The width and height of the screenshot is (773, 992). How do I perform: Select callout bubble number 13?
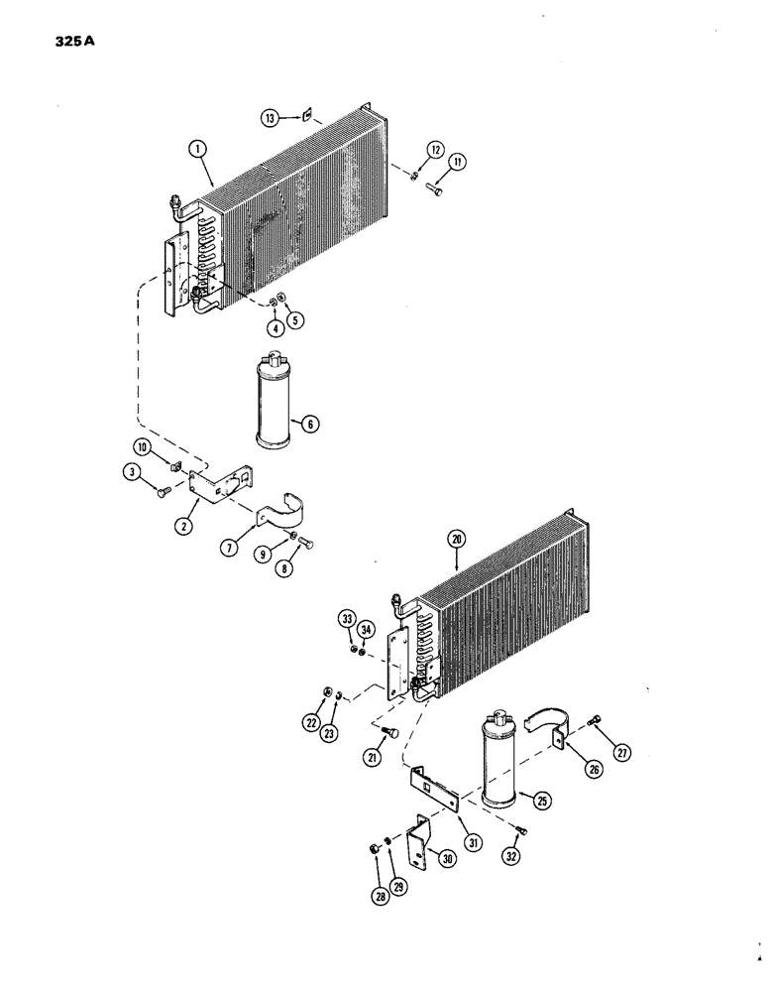[x=269, y=117]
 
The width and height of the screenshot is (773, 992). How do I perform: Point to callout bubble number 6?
[x=310, y=424]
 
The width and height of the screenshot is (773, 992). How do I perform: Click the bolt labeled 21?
[x=390, y=733]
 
